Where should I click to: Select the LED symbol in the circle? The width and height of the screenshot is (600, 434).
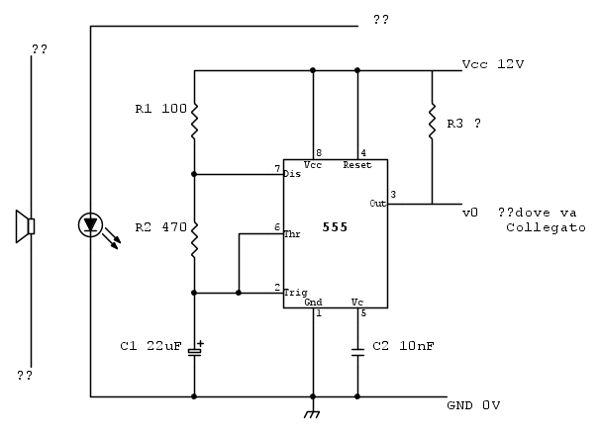click(x=90, y=225)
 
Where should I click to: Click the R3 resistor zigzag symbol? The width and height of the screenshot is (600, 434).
click(x=432, y=122)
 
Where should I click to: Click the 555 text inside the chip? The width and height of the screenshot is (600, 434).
click(x=335, y=228)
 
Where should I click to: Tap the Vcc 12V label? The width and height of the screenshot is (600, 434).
click(x=492, y=64)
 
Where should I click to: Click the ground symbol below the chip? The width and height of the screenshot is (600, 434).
click(x=313, y=413)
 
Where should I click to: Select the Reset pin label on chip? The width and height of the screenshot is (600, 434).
click(x=357, y=166)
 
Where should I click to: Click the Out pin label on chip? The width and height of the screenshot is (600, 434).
click(x=377, y=203)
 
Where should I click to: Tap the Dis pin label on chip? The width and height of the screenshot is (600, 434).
click(x=292, y=174)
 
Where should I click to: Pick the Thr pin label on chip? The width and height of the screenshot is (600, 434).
click(x=292, y=234)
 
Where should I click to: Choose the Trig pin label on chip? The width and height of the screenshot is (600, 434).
click(x=295, y=293)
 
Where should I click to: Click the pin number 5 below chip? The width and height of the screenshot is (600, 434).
click(x=362, y=314)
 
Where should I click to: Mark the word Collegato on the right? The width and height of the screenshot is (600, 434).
click(x=545, y=228)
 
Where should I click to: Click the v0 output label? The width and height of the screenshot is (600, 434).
click(x=470, y=213)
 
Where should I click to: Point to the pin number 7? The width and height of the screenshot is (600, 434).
click(x=277, y=168)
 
